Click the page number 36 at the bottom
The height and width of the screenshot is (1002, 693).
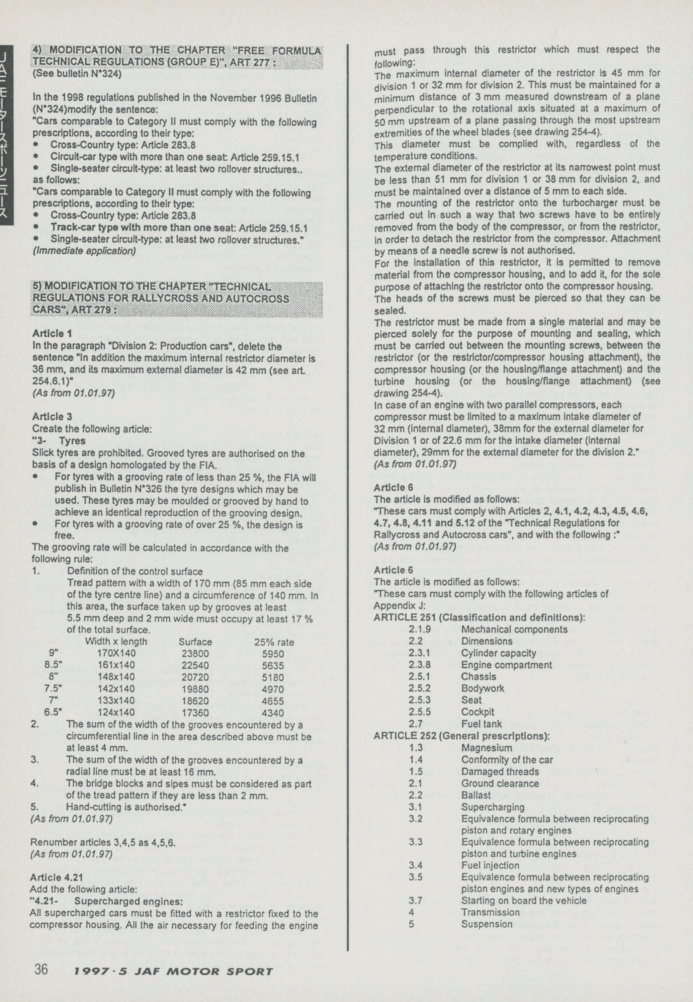[41, 969]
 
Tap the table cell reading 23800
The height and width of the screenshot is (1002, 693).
[195, 653]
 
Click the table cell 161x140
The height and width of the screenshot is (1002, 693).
[116, 665]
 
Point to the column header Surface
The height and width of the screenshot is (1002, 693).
[195, 642]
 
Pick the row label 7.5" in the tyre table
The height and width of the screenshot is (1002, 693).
[53, 689]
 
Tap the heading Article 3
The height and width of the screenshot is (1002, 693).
[52, 417]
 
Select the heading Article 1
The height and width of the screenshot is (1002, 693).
[52, 333]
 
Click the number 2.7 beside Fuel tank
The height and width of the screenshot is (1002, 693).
[415, 724]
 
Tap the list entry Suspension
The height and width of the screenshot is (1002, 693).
[486, 924]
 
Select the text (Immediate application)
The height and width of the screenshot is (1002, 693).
[84, 251]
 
